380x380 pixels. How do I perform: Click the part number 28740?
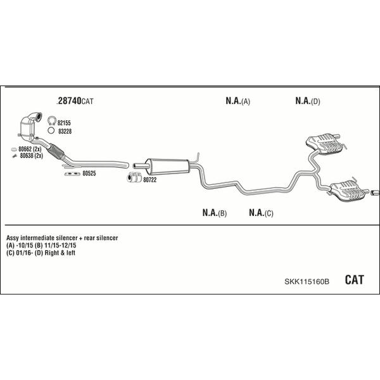[70, 101]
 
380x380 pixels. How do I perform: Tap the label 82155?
[64, 123]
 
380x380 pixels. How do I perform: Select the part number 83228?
[65, 131]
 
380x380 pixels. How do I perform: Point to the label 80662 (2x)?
[30, 149]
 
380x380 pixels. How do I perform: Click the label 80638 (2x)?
[31, 156]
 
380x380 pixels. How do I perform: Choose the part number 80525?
[89, 174]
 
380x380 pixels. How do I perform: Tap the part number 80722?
[149, 180]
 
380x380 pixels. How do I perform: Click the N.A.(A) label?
[237, 101]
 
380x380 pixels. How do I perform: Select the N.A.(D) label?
[308, 101]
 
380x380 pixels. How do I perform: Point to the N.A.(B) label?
[215, 213]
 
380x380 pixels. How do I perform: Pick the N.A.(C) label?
[261, 213]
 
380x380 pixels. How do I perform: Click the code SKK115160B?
[307, 282]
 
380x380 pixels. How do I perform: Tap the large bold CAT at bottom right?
[354, 280]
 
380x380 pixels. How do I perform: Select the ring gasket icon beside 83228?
[51, 130]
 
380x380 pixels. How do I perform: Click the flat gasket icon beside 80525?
[72, 174]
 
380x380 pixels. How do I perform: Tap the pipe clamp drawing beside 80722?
[134, 177]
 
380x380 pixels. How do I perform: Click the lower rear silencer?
[348, 191]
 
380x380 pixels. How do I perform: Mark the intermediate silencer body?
[168, 166]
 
